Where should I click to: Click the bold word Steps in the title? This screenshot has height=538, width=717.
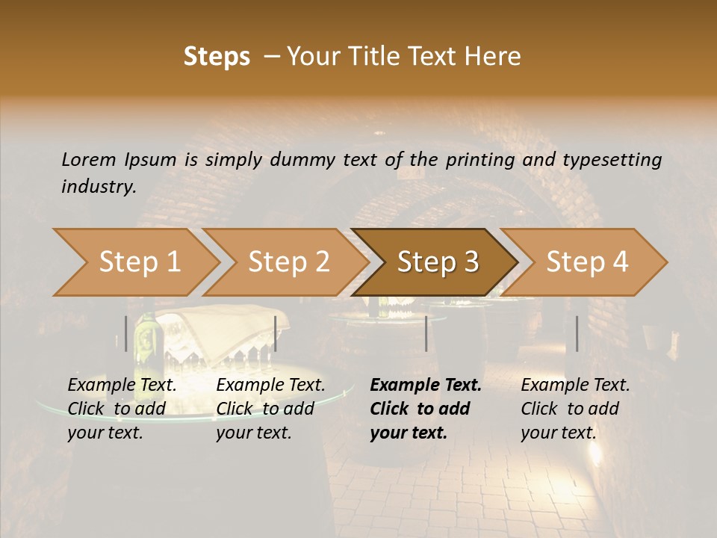coord(217,57)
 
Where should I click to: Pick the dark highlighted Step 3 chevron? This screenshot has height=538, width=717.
coord(438,262)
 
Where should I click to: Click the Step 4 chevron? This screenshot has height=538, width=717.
coord(587,262)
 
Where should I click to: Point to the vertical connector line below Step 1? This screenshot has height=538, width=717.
coord(126,333)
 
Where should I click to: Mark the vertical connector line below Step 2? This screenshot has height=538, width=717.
coord(276,333)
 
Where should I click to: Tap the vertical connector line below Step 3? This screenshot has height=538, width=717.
coord(426,333)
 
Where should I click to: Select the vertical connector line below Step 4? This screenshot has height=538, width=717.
coord(577,333)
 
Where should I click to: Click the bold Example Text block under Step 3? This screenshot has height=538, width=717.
coord(426,409)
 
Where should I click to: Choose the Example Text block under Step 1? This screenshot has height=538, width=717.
coord(122,409)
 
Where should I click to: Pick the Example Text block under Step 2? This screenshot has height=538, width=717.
coord(270,409)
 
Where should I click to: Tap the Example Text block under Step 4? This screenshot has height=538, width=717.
coord(575,409)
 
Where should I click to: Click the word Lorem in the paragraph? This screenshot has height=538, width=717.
coord(89,159)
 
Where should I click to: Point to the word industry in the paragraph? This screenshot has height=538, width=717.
coord(98,187)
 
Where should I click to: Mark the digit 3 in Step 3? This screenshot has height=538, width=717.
coord(471,262)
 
